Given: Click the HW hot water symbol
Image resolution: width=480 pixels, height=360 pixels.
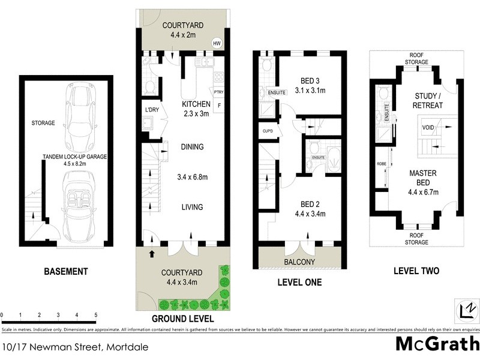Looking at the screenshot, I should pyautogui.click(x=217, y=43).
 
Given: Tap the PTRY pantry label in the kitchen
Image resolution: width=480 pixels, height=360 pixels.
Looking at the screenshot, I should pyautogui.click(x=219, y=92).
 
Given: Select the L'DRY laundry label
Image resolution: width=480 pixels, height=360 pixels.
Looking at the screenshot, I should pyautogui.click(x=152, y=109).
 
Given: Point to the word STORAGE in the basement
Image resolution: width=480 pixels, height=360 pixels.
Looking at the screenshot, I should pyautogui.click(x=43, y=123).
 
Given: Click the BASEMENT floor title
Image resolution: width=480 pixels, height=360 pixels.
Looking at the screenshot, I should pyautogui.click(x=66, y=271).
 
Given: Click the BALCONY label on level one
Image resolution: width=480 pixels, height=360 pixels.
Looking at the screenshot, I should pyautogui.click(x=299, y=262).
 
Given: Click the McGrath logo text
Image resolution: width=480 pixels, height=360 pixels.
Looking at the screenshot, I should pyautogui.click(x=437, y=343).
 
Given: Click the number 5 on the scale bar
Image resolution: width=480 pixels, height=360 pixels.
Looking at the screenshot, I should pyautogui.click(x=95, y=314).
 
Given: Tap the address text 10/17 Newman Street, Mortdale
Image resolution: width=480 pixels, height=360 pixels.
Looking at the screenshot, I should pyautogui.click(x=75, y=347).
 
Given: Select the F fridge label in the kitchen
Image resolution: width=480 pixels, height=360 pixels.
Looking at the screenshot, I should pyautogui.click(x=218, y=106).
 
